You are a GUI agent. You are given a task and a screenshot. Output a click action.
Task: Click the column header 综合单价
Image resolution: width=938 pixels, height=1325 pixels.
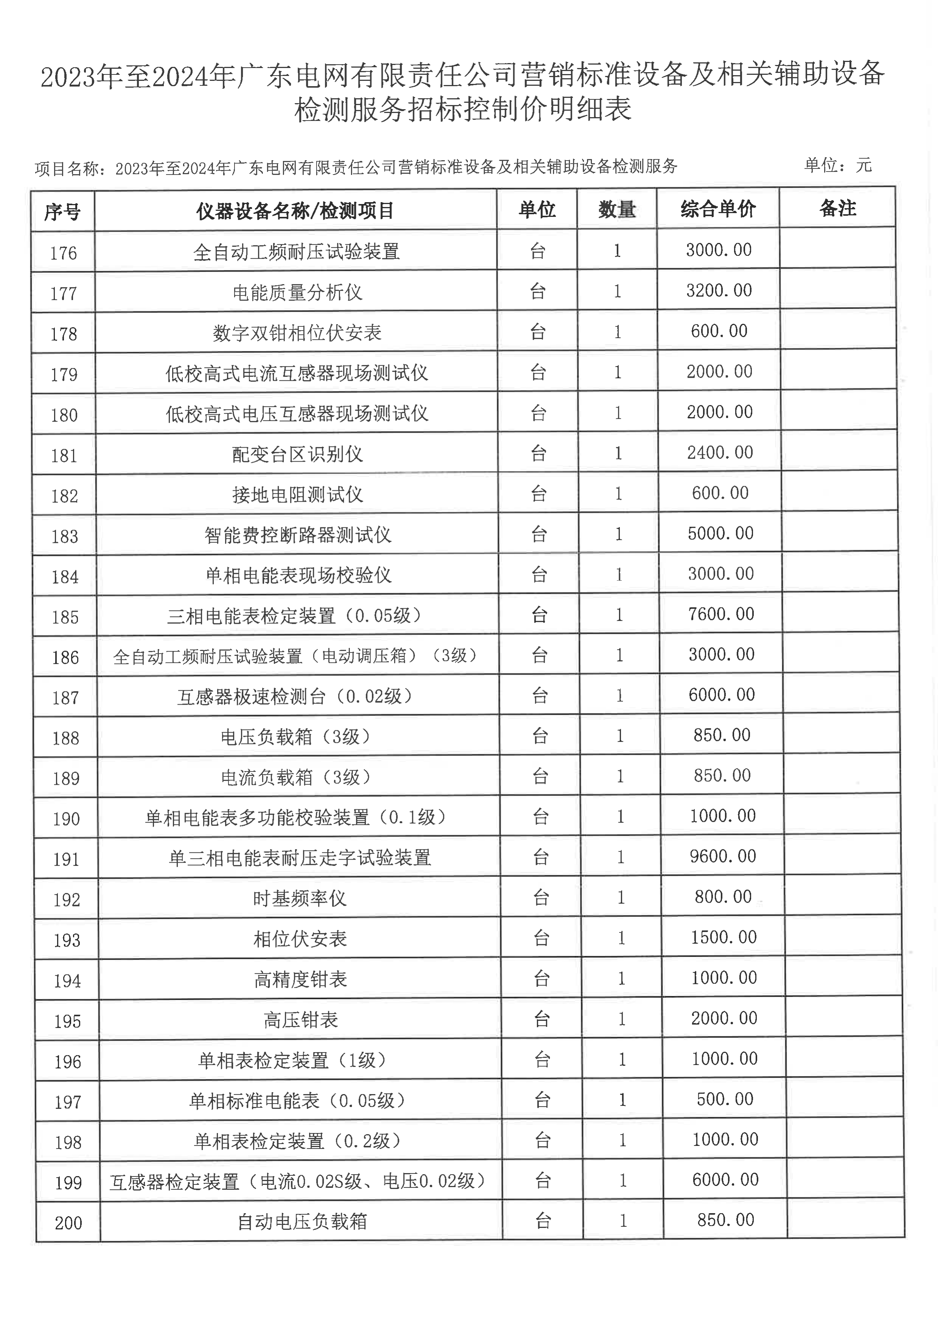pos(718,209)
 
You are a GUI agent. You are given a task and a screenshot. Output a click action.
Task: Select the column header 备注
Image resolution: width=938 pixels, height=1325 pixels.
pos(837,208)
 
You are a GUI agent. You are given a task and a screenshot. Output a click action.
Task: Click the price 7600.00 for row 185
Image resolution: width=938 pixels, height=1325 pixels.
pos(721,614)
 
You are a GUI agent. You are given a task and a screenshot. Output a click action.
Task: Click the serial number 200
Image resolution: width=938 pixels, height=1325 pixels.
pos(68,1222)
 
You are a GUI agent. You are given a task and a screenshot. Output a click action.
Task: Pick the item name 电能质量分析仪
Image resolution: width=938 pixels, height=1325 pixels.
pos(297,292)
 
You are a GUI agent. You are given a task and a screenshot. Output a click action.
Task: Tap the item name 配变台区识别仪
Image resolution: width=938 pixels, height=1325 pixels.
pos(297,454)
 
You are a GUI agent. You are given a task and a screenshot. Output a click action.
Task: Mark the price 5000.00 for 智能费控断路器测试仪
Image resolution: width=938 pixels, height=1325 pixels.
pos(720,533)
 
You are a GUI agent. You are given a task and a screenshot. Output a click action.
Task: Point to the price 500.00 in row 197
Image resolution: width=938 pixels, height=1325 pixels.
pos(725,1098)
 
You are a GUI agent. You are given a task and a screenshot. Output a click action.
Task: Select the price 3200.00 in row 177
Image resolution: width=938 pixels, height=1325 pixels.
pos(719,290)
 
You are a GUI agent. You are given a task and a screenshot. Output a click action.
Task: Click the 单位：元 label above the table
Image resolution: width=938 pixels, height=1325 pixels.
pos(837,165)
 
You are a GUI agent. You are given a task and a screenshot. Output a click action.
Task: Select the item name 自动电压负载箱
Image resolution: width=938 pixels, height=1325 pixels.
pos(302,1221)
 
